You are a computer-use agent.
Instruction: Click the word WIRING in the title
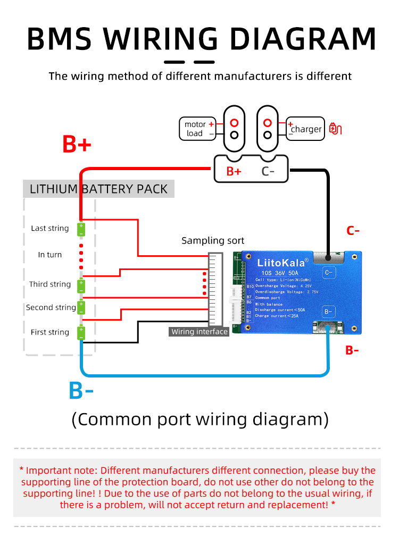[160, 38]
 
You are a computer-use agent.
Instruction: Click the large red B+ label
[77, 144]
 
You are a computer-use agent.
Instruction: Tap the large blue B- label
[81, 391]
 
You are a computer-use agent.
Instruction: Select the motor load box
[197, 129]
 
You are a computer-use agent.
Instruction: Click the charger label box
[305, 129]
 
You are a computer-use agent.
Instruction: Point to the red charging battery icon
[335, 128]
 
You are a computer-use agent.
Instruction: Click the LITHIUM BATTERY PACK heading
[98, 189]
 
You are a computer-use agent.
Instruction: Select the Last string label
[49, 228]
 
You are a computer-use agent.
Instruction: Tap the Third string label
[50, 284]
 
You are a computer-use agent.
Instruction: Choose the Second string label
[51, 307]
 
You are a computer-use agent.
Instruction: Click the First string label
[49, 332]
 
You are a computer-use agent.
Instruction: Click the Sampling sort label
[213, 240]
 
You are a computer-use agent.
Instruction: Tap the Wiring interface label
[199, 332]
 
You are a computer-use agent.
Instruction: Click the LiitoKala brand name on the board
[281, 262]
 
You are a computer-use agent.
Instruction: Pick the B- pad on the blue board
[328, 311]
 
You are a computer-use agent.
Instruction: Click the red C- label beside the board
[353, 231]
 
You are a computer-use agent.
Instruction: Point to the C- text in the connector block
[268, 171]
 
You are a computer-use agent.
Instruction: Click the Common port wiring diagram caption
[199, 419]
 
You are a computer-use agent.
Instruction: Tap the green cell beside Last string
[81, 229]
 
